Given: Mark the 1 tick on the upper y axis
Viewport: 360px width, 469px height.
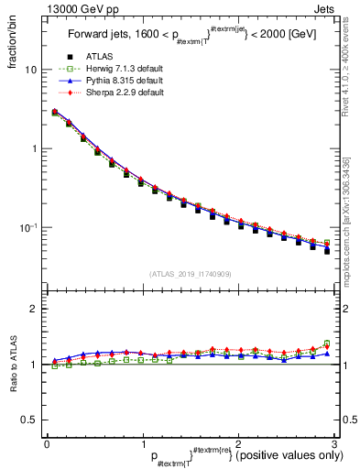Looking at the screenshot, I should click(x=34, y=148).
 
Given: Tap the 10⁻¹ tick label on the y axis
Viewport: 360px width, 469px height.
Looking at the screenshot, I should click(x=28, y=228).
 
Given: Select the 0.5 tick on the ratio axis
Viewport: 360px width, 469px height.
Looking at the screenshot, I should click(x=30, y=420).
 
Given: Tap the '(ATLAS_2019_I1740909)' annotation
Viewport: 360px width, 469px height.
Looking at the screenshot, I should click(x=190, y=274).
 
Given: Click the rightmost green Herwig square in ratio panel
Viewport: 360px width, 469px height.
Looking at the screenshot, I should click(x=327, y=344).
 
